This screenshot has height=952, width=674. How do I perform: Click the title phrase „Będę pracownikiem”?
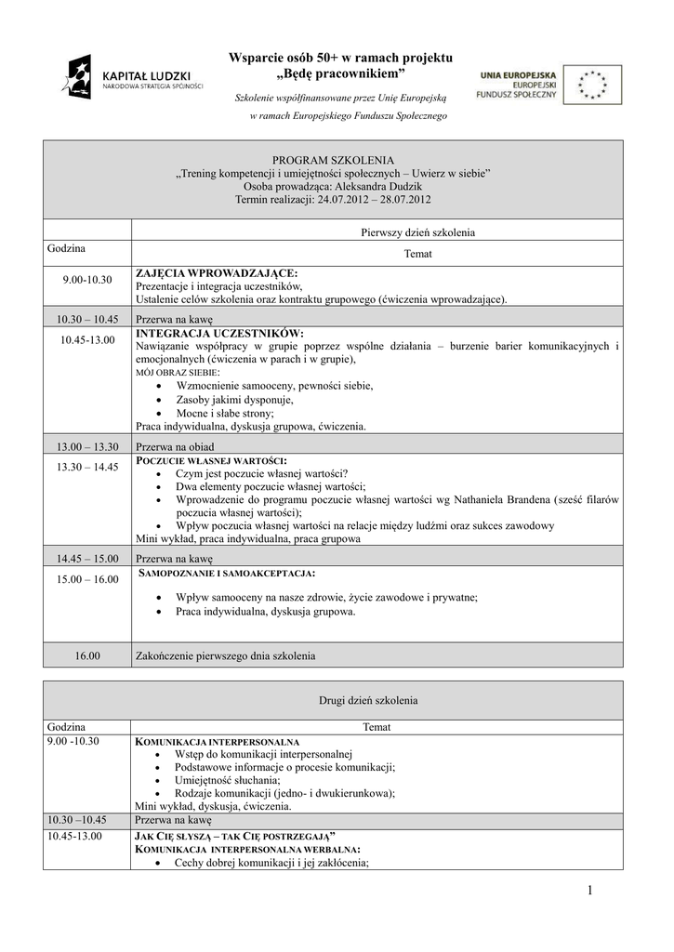coord(341,73)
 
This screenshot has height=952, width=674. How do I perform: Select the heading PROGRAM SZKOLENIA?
coord(333,161)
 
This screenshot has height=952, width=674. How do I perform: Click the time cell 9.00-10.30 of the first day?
coord(87,280)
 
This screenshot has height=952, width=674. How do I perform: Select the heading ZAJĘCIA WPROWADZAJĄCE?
coord(217,273)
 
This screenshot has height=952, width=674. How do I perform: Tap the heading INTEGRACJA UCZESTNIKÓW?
coord(219,333)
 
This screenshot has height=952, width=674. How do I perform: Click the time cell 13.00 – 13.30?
coord(87,446)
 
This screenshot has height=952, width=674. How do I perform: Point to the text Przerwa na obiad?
coord(175,446)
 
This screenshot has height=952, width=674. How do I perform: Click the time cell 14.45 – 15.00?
coord(87,559)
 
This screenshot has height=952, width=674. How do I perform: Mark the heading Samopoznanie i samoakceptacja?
coord(226,573)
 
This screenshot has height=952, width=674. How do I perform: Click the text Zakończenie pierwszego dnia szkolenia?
coord(226,655)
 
